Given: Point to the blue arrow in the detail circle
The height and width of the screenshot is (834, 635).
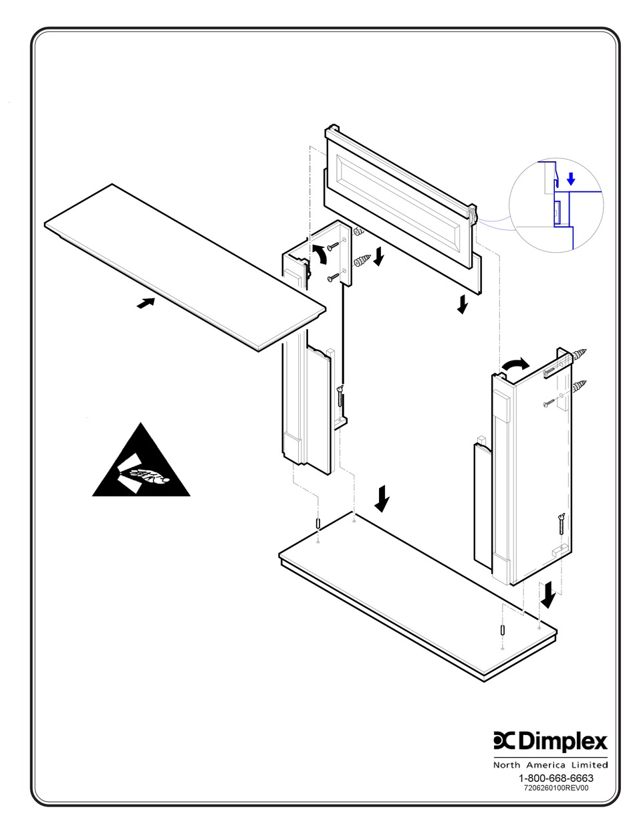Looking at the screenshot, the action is tap(570, 179).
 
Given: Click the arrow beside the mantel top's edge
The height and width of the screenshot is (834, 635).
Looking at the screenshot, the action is tap(146, 303).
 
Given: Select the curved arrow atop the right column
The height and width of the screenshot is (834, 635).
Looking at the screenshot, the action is tap(515, 364).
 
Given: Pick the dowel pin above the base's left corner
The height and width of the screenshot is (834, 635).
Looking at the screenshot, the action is tap(317, 523).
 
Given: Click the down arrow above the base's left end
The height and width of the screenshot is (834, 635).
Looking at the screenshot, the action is tap(382, 498).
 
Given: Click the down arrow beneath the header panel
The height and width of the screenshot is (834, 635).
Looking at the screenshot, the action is tap(463, 305).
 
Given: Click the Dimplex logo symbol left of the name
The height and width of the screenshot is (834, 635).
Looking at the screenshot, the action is tap(504, 740).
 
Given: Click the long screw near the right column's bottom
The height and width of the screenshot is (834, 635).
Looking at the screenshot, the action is tap(561, 524).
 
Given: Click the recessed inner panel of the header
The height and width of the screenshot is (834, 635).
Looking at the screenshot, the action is tap(400, 195).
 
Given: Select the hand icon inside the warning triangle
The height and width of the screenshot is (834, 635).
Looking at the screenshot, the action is tap(150, 478).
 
